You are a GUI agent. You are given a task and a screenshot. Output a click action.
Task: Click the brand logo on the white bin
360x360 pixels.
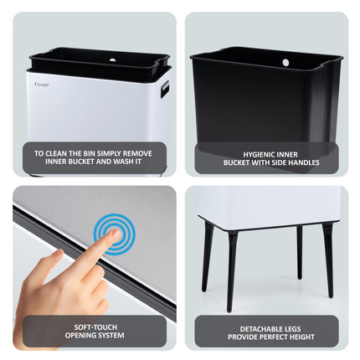(42, 85)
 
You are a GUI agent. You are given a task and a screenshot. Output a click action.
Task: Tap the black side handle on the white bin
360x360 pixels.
(165, 90)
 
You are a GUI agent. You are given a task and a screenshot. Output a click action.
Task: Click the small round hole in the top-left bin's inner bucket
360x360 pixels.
(112, 59)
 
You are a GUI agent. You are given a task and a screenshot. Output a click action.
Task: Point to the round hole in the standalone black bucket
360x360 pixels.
(285, 63)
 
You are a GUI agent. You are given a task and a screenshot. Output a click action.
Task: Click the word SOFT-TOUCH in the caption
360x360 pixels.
(95, 327)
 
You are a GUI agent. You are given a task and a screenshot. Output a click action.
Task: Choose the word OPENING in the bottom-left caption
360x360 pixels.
(80, 335)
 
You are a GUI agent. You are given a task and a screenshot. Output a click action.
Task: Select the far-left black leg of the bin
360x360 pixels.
(208, 256)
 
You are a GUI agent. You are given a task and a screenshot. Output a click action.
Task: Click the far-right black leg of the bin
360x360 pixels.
(328, 260)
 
